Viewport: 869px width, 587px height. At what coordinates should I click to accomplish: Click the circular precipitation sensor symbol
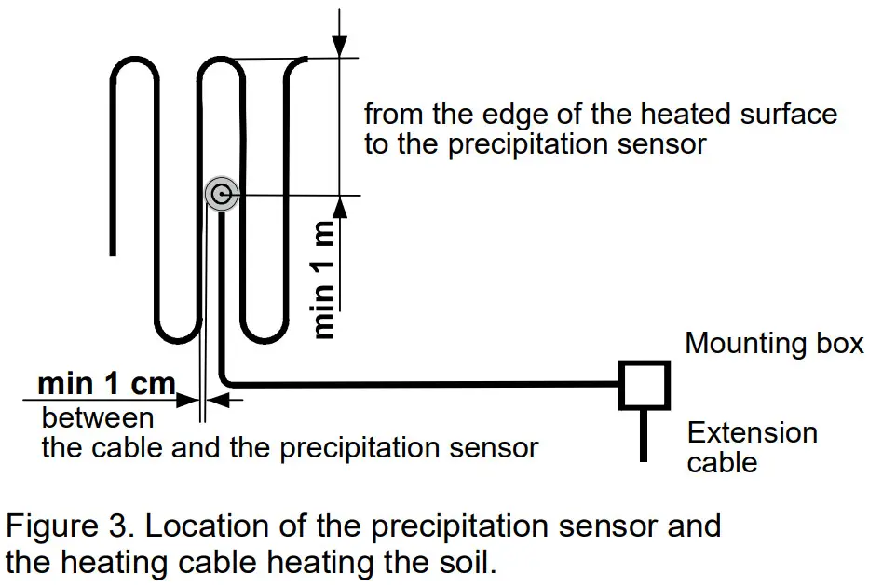[x=222, y=195]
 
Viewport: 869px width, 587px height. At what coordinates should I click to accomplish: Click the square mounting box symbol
[x=645, y=385]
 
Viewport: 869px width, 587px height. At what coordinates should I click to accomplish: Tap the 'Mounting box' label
[x=774, y=343]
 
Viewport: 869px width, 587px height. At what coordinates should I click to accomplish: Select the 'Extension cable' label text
[x=752, y=446]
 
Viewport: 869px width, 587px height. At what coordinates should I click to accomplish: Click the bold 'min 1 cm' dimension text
[x=106, y=383]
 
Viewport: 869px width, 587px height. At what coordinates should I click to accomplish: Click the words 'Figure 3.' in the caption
[x=70, y=526]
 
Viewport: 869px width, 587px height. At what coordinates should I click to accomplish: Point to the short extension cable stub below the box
[x=644, y=435]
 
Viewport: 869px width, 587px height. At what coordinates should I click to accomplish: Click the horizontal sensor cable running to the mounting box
[x=419, y=383]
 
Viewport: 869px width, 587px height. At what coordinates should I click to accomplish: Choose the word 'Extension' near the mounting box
[x=752, y=432]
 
